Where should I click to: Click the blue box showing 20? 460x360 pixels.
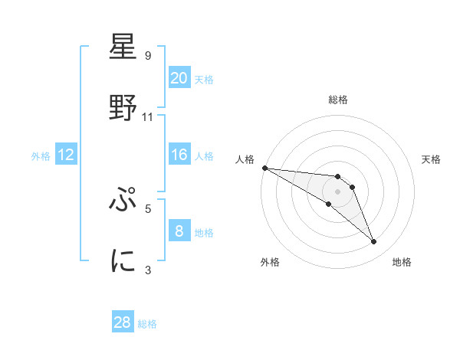(x=179, y=77)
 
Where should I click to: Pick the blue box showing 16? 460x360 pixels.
(x=179, y=155)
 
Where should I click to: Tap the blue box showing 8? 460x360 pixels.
(x=179, y=231)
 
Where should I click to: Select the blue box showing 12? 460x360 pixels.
(x=66, y=155)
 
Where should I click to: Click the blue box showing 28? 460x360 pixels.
(x=123, y=322)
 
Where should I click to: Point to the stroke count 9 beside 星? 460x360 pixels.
(x=148, y=56)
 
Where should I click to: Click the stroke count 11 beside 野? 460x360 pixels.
(x=148, y=117)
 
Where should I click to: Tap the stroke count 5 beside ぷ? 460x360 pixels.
(x=148, y=208)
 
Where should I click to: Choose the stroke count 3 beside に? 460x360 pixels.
(x=148, y=269)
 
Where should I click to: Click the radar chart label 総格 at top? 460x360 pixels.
(x=337, y=100)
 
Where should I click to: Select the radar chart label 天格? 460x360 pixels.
(x=431, y=159)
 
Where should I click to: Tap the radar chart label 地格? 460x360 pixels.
(x=402, y=262)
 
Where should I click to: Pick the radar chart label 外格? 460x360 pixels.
(x=270, y=262)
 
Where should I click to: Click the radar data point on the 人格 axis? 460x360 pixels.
(x=264, y=168)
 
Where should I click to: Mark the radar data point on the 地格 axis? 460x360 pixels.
(x=374, y=242)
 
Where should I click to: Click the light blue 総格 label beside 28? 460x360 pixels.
(x=147, y=324)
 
